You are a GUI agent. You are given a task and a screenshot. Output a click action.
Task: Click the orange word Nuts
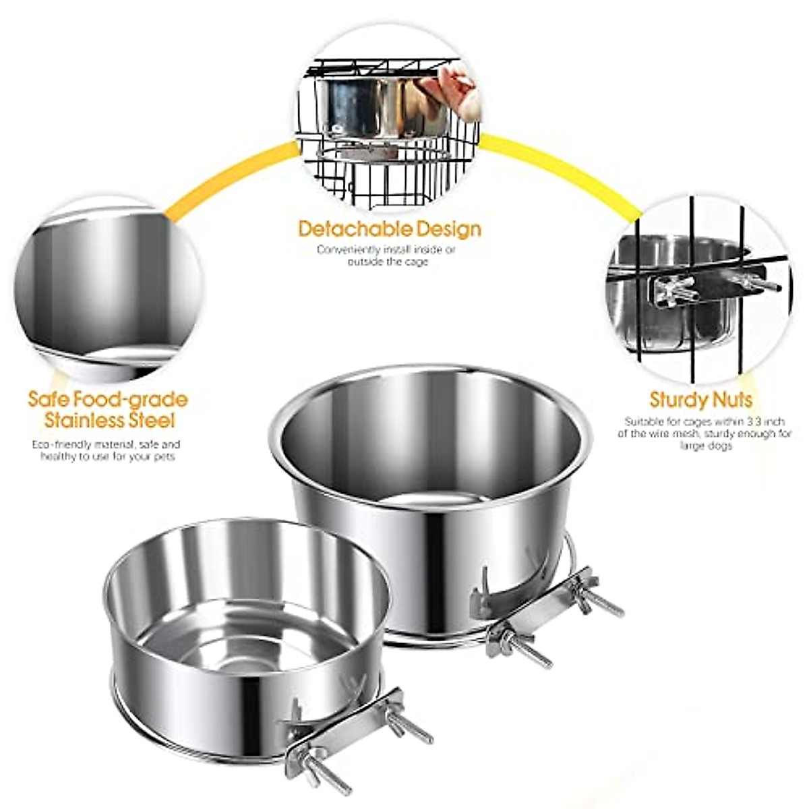(731, 400)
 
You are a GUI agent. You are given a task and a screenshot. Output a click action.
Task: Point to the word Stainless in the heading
(84, 421)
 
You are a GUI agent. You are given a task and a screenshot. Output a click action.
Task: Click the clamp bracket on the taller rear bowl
(539, 610)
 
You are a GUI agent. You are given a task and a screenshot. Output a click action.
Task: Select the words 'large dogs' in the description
(704, 446)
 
